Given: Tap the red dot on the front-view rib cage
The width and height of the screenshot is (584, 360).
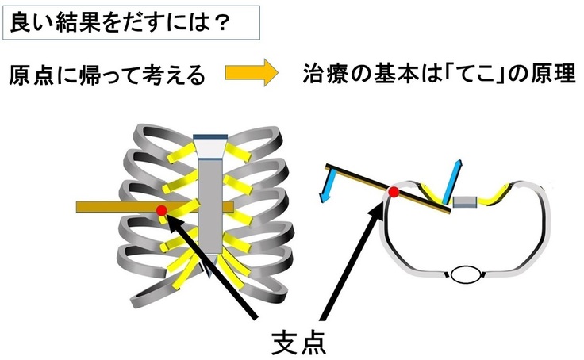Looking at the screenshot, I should tap(162, 210).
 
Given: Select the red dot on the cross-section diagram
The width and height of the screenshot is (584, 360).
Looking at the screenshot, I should tap(393, 192).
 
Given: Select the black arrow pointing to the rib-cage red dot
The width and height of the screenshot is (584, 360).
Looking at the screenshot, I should tap(214, 262).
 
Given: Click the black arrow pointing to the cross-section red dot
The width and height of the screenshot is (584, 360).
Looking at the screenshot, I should tap(349, 254).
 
